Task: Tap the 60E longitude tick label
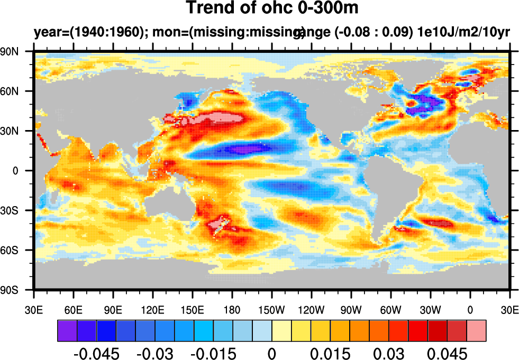pyautogui.click(x=73, y=309)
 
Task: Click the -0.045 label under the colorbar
pyautogui.click(x=96, y=353)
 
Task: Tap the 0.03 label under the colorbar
pyautogui.click(x=389, y=353)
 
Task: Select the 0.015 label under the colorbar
pyautogui.click(x=330, y=353)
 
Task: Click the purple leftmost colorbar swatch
pyautogui.click(x=67, y=330)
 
